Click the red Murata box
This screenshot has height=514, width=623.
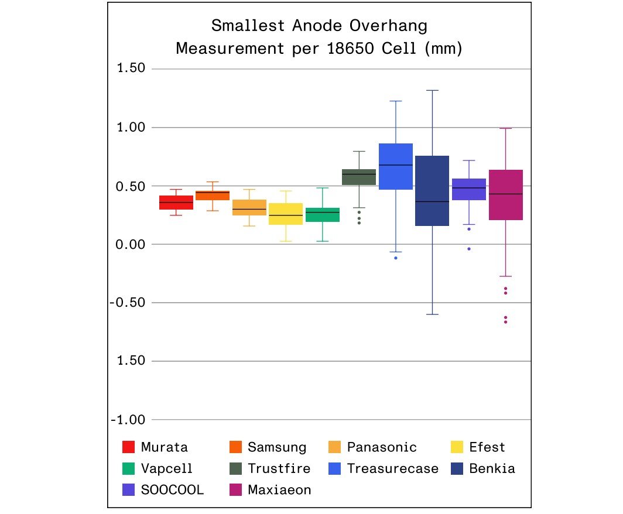(176, 203)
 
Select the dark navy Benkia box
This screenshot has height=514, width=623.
(432, 191)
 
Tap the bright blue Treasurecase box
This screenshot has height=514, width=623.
(396, 167)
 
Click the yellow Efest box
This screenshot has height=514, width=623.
(286, 214)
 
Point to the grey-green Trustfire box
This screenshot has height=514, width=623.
(359, 177)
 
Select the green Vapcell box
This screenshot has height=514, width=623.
(323, 215)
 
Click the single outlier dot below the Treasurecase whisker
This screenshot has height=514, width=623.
(396, 258)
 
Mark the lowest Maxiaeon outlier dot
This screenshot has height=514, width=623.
(505, 322)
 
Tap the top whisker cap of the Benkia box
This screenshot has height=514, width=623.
(432, 91)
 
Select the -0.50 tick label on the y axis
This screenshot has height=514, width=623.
(128, 303)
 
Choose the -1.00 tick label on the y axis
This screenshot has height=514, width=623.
(128, 420)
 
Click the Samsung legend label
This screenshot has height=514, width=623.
(277, 448)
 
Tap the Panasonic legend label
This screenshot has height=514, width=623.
(382, 448)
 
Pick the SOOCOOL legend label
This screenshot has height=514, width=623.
(173, 490)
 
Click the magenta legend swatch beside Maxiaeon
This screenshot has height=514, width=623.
(235, 490)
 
